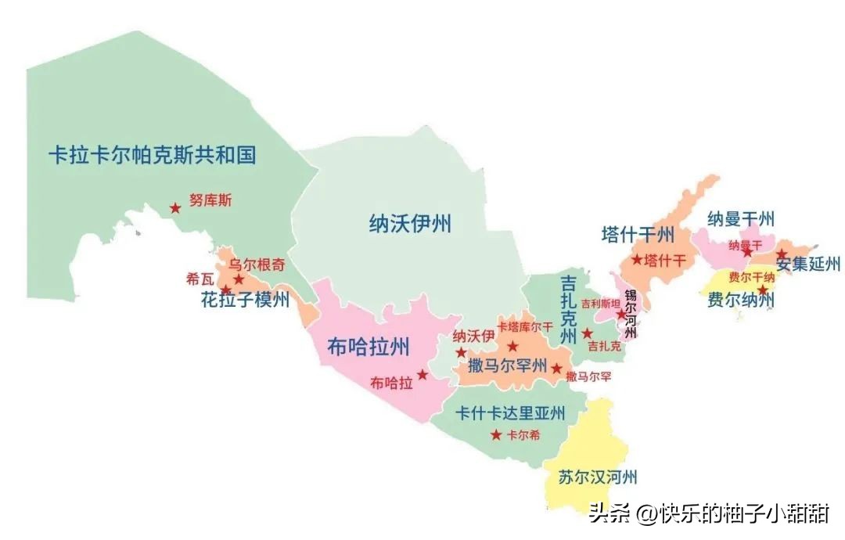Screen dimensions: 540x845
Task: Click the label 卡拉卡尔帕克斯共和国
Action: [152, 155]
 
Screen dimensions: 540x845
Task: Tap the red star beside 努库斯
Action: [175, 208]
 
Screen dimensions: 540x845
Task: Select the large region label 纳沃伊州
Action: [410, 225]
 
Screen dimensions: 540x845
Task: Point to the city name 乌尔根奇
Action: [257, 265]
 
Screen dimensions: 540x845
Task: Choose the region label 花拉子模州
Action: [245, 300]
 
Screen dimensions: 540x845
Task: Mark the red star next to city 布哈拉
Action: [422, 375]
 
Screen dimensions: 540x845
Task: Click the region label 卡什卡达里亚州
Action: [510, 412]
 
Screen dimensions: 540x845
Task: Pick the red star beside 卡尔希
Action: [496, 435]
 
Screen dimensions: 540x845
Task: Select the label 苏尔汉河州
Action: [599, 477]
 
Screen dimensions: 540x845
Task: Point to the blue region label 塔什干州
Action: [637, 234]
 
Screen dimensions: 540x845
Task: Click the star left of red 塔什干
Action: [637, 260]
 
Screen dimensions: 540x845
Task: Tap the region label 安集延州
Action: [807, 265]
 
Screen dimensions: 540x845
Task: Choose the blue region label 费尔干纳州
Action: [740, 300]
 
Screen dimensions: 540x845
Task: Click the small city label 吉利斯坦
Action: [600, 304]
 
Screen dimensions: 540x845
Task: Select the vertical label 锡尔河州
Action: [631, 314]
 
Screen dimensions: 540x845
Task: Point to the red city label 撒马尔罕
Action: [589, 376]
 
